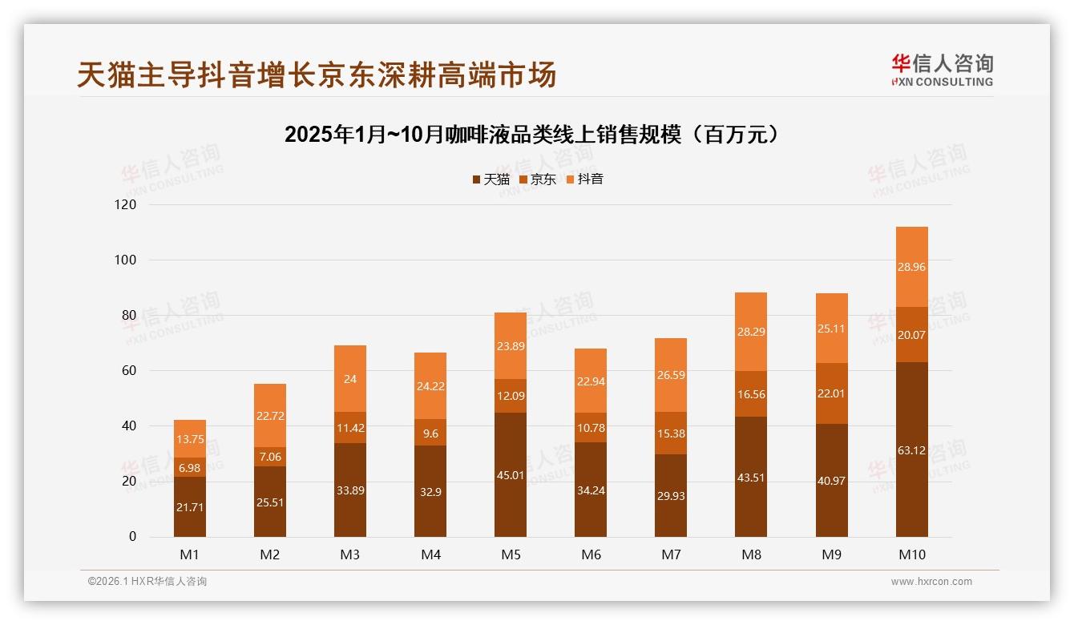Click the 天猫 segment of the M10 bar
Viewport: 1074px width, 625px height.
(911, 450)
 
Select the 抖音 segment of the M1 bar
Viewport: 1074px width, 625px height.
(190, 438)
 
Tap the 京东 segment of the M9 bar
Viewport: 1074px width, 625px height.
(831, 393)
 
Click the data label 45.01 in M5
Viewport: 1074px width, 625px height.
(511, 475)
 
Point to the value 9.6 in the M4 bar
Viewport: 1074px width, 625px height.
(430, 433)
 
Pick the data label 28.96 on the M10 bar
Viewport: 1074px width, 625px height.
(911, 267)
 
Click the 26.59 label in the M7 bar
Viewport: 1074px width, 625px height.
(671, 375)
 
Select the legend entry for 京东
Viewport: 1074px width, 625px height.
(538, 179)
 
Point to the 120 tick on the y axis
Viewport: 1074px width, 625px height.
(127, 205)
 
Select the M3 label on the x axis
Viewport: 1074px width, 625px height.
(350, 554)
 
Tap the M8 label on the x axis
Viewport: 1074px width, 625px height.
(751, 554)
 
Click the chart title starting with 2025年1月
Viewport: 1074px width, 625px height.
(531, 135)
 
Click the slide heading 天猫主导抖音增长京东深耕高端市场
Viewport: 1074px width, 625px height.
(317, 75)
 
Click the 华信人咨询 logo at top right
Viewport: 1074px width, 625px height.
(942, 70)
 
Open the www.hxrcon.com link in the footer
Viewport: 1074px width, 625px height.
(931, 582)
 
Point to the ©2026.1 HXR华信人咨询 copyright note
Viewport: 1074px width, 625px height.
(147, 582)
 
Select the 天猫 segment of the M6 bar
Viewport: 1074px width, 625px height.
(591, 490)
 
